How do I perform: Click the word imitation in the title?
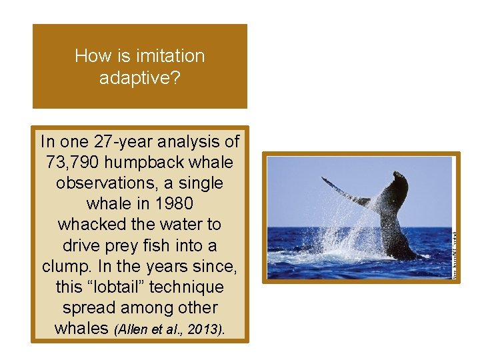click(x=172, y=56)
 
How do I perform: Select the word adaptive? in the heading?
click(x=139, y=78)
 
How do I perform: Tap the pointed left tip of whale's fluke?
click(x=323, y=179)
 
